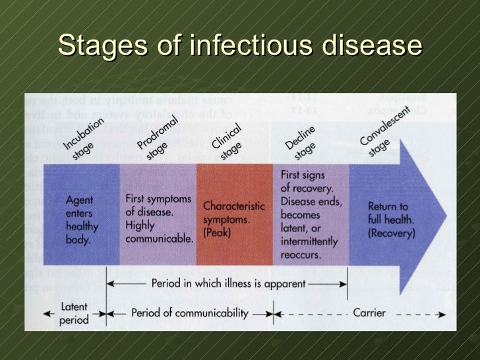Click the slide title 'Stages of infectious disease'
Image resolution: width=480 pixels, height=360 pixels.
coord(239,46)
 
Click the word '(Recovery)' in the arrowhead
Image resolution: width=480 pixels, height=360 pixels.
coord(392,233)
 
